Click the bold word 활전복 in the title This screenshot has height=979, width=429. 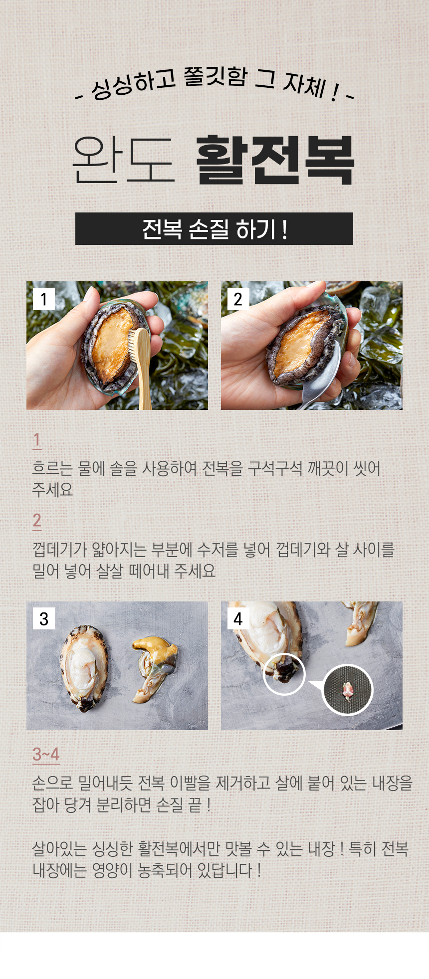point(275,160)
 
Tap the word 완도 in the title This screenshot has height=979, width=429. point(123,160)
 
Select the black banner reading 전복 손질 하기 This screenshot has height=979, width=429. point(214,229)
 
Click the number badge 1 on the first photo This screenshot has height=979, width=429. point(44,299)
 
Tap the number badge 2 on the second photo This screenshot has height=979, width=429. point(238,299)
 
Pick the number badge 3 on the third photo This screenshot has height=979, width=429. point(44,618)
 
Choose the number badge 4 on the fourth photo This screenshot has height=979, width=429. point(238,618)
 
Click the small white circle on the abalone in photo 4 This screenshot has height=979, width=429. point(284,674)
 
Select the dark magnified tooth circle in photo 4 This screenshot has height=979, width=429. point(347,690)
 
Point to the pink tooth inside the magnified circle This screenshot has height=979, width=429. point(348,690)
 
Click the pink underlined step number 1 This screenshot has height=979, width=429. point(36,440)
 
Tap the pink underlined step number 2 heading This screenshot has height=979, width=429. point(37,521)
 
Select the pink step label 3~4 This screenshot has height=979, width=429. point(46,754)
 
